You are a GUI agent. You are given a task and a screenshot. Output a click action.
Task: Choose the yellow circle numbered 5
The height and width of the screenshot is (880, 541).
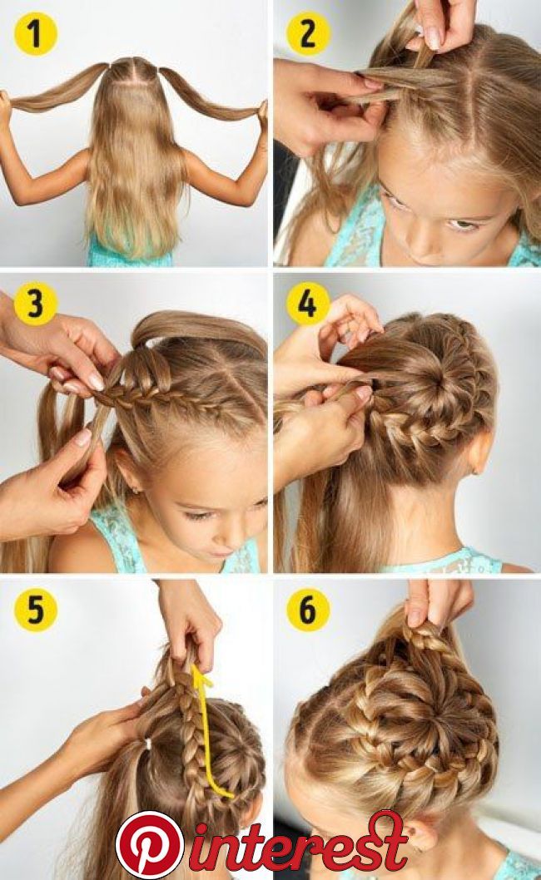coord(36,609)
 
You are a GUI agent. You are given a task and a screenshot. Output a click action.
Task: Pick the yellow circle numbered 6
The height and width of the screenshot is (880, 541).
coord(308,609)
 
